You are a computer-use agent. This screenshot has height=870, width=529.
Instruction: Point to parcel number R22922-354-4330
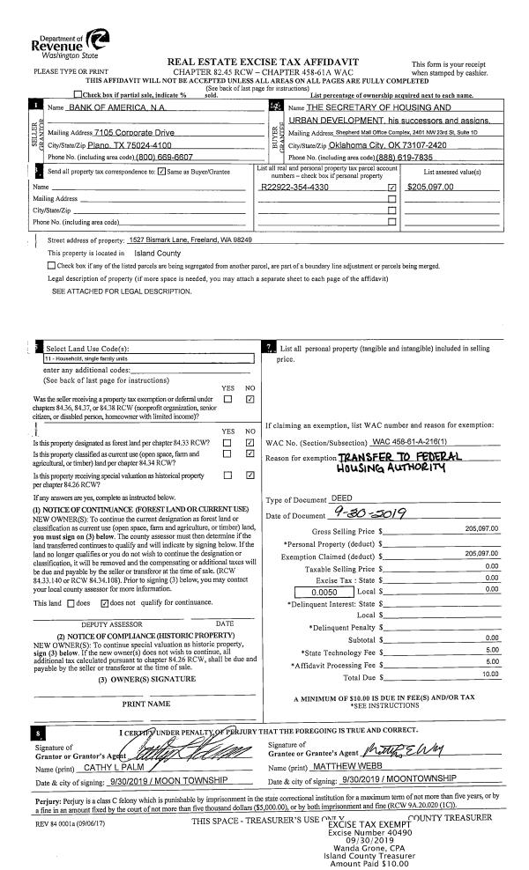click(295, 188)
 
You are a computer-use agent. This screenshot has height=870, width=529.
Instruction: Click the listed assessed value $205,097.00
click(431, 188)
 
